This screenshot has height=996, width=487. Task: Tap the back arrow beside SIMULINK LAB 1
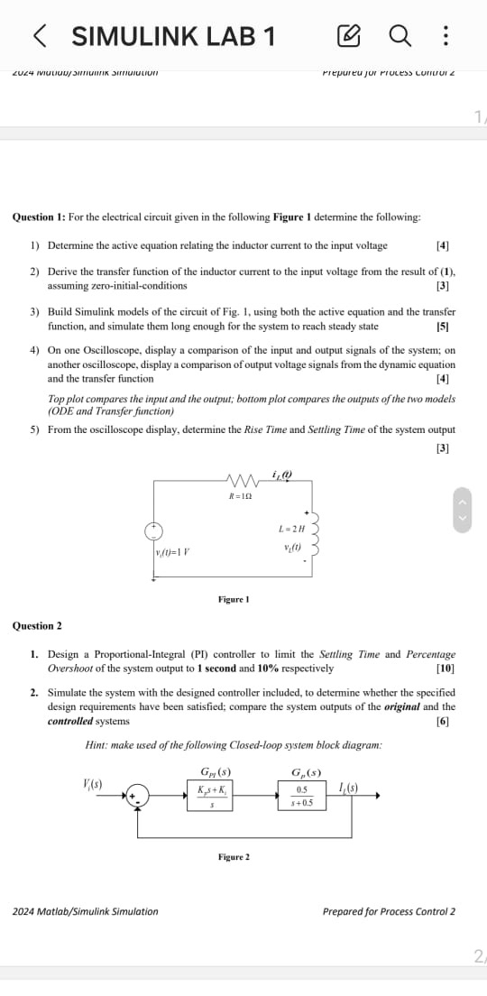pyautogui.click(x=40, y=36)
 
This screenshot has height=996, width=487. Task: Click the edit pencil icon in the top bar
pyautogui.click(x=347, y=37)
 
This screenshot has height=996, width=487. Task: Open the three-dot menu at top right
pyautogui.click(x=446, y=37)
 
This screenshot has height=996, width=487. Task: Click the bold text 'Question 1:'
pyautogui.click(x=40, y=217)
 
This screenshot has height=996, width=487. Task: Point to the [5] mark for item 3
pyautogui.click(x=442, y=327)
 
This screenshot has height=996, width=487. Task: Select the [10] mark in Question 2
pyautogui.click(x=445, y=669)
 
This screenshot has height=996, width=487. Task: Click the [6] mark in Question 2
pyautogui.click(x=443, y=721)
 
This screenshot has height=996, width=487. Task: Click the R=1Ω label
pyautogui.click(x=239, y=496)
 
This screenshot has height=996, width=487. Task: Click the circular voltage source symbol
pyautogui.click(x=155, y=530)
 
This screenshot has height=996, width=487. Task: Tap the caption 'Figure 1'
pyautogui.click(x=234, y=599)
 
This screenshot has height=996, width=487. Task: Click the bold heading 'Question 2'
pyautogui.click(x=37, y=625)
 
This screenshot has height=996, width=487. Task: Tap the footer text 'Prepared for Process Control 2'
pyautogui.click(x=389, y=911)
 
